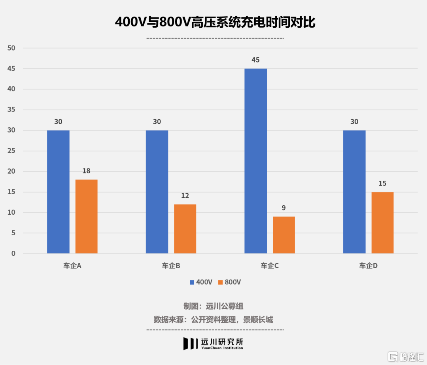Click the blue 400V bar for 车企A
coord(58,192)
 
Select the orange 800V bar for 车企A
coord(86,216)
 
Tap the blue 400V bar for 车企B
coord(157,192)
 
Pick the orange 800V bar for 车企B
coord(185,229)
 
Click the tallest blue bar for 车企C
coord(255,161)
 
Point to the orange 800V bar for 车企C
coord(283,235)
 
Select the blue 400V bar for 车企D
coord(354,192)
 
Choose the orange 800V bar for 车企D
coord(382,223)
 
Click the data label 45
coord(255,60)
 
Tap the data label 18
coord(86,171)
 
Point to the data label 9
coord(283,208)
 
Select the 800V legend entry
coord(229,282)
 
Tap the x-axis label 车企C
coord(270,266)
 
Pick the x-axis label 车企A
coord(72,266)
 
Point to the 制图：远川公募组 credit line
coord(213,306)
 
